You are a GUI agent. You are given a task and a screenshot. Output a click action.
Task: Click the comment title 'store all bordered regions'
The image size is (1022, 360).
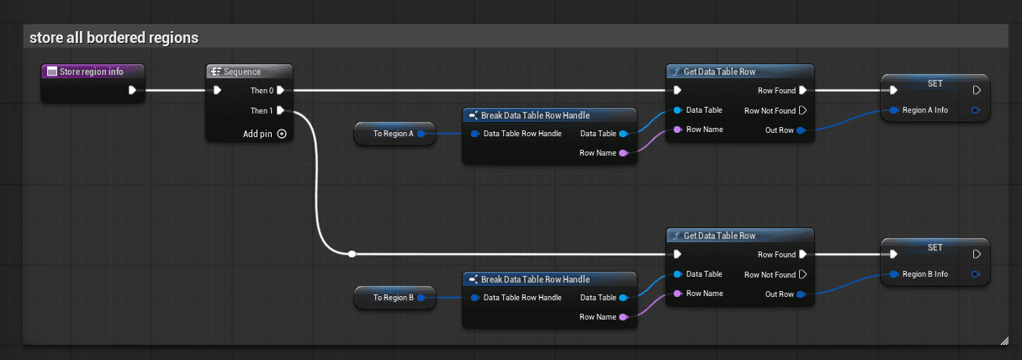[x=114, y=37]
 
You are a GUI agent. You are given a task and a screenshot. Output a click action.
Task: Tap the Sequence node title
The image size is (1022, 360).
[x=241, y=71]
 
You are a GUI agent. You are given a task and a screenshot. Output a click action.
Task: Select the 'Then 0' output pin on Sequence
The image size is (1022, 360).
[x=281, y=90]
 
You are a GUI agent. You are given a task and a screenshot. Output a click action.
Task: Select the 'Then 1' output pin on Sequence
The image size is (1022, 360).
[x=281, y=110]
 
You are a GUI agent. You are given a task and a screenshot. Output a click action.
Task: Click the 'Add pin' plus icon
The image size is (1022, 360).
[x=282, y=134]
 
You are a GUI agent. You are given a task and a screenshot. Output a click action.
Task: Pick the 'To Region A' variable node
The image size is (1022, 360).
[x=395, y=133]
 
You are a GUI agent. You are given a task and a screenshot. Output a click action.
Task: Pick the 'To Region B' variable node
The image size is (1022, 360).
[x=395, y=298]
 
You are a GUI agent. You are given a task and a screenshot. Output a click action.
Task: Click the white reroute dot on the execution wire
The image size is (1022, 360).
[x=352, y=254]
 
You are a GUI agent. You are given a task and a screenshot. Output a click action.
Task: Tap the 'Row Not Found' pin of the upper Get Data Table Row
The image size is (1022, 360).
[x=803, y=110]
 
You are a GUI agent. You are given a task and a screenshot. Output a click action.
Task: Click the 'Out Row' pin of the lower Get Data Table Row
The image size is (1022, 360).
[x=801, y=294]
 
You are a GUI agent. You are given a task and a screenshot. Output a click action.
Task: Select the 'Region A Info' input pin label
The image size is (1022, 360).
[x=924, y=110]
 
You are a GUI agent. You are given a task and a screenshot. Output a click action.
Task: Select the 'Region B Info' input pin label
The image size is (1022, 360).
[x=924, y=274]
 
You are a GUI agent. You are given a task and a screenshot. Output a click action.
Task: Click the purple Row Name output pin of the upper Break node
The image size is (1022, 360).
[x=623, y=153]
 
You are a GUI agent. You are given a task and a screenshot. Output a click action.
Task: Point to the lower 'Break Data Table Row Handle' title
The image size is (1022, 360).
[x=535, y=279]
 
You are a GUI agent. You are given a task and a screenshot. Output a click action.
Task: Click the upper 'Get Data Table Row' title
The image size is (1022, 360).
[x=719, y=71]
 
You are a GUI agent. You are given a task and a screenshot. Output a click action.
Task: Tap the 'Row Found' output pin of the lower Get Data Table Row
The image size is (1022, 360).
[x=803, y=254]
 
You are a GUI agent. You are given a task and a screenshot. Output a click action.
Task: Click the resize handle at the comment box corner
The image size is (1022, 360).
[x=1004, y=341]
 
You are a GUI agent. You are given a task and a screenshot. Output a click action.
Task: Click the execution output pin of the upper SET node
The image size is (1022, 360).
[x=977, y=90]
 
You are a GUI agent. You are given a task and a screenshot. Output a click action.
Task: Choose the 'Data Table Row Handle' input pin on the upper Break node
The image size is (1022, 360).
[x=475, y=134]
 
